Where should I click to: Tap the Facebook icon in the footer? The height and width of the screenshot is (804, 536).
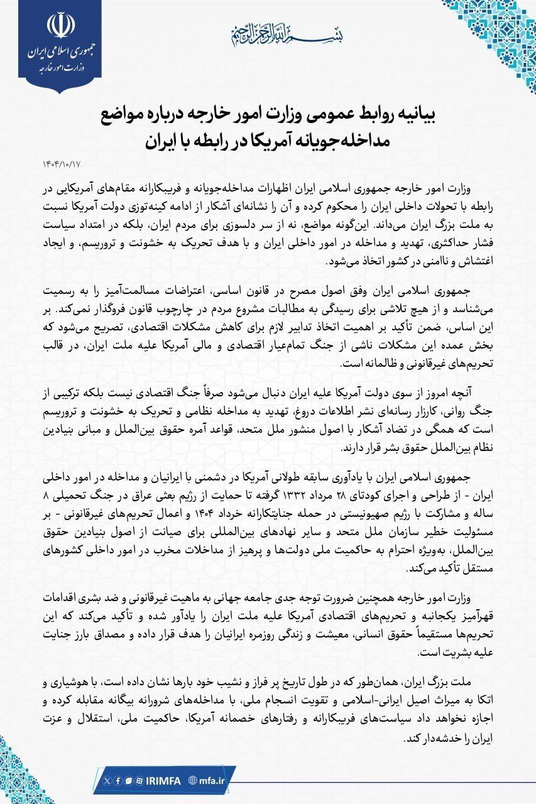pos(118,780)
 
